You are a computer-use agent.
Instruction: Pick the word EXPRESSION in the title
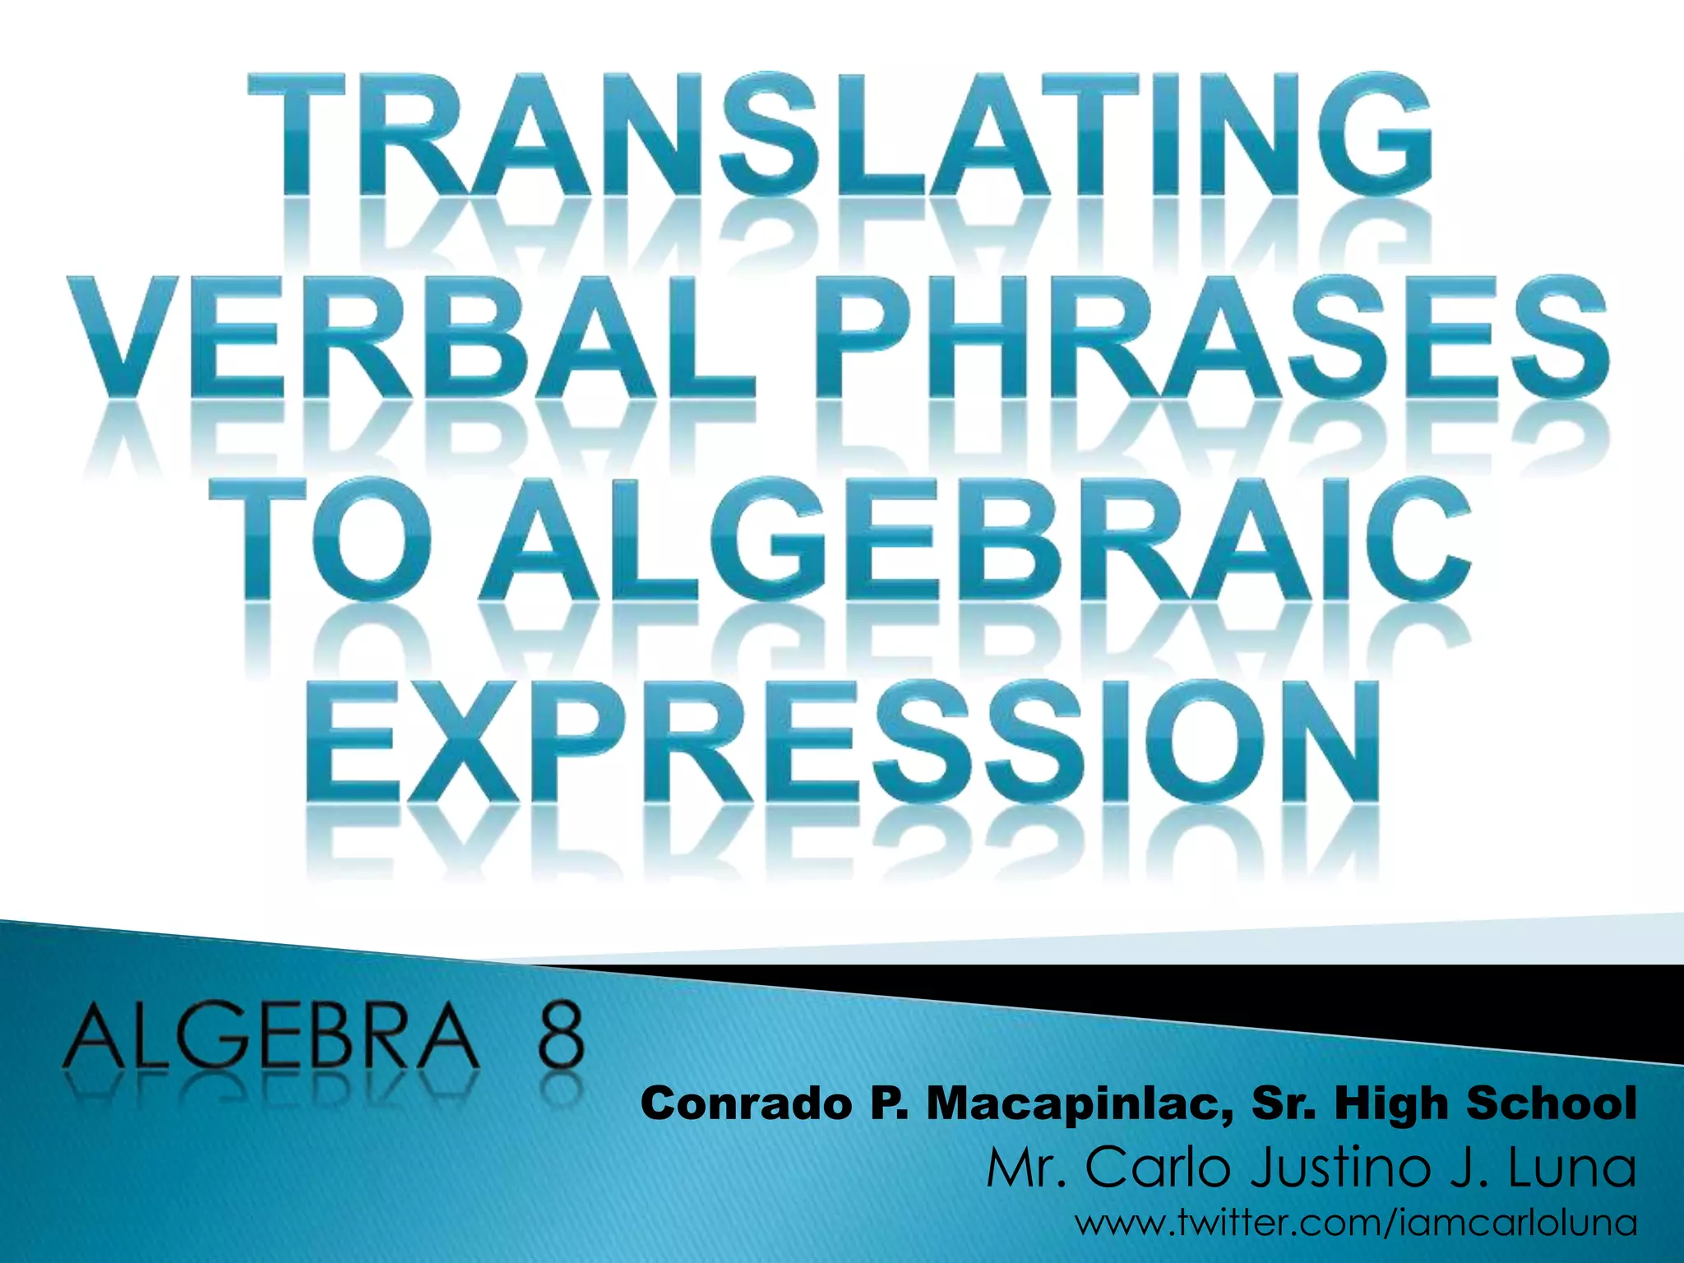[844, 745]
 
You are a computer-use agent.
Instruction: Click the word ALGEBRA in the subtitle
[272, 1040]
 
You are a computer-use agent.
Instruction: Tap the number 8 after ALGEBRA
[560, 1040]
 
